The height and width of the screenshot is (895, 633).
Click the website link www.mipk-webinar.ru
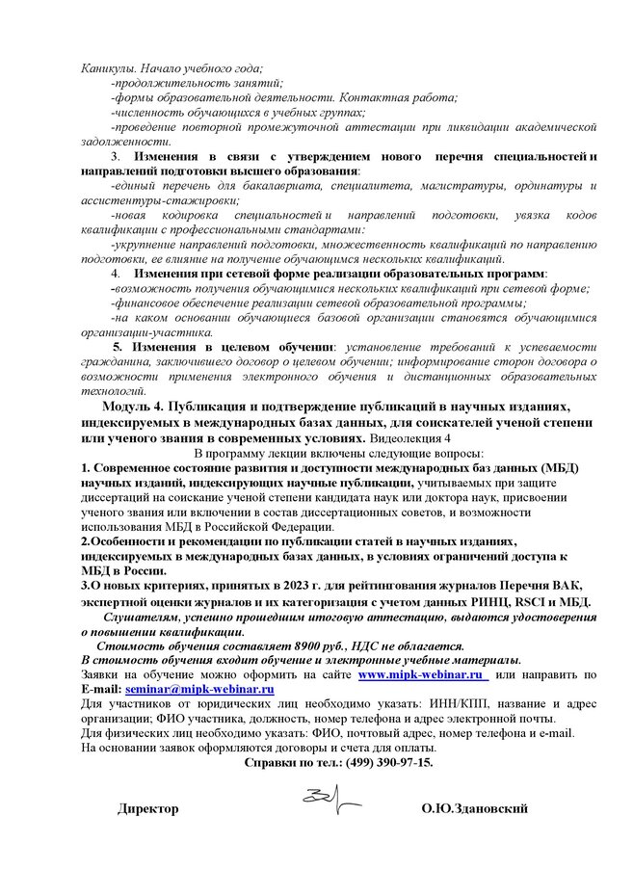(x=418, y=676)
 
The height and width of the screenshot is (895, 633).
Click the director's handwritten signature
(x=330, y=797)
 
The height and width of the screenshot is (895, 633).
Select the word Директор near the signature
(x=148, y=808)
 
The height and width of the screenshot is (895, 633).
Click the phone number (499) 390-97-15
(x=386, y=762)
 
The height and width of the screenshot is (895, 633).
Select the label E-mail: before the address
(x=98, y=690)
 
